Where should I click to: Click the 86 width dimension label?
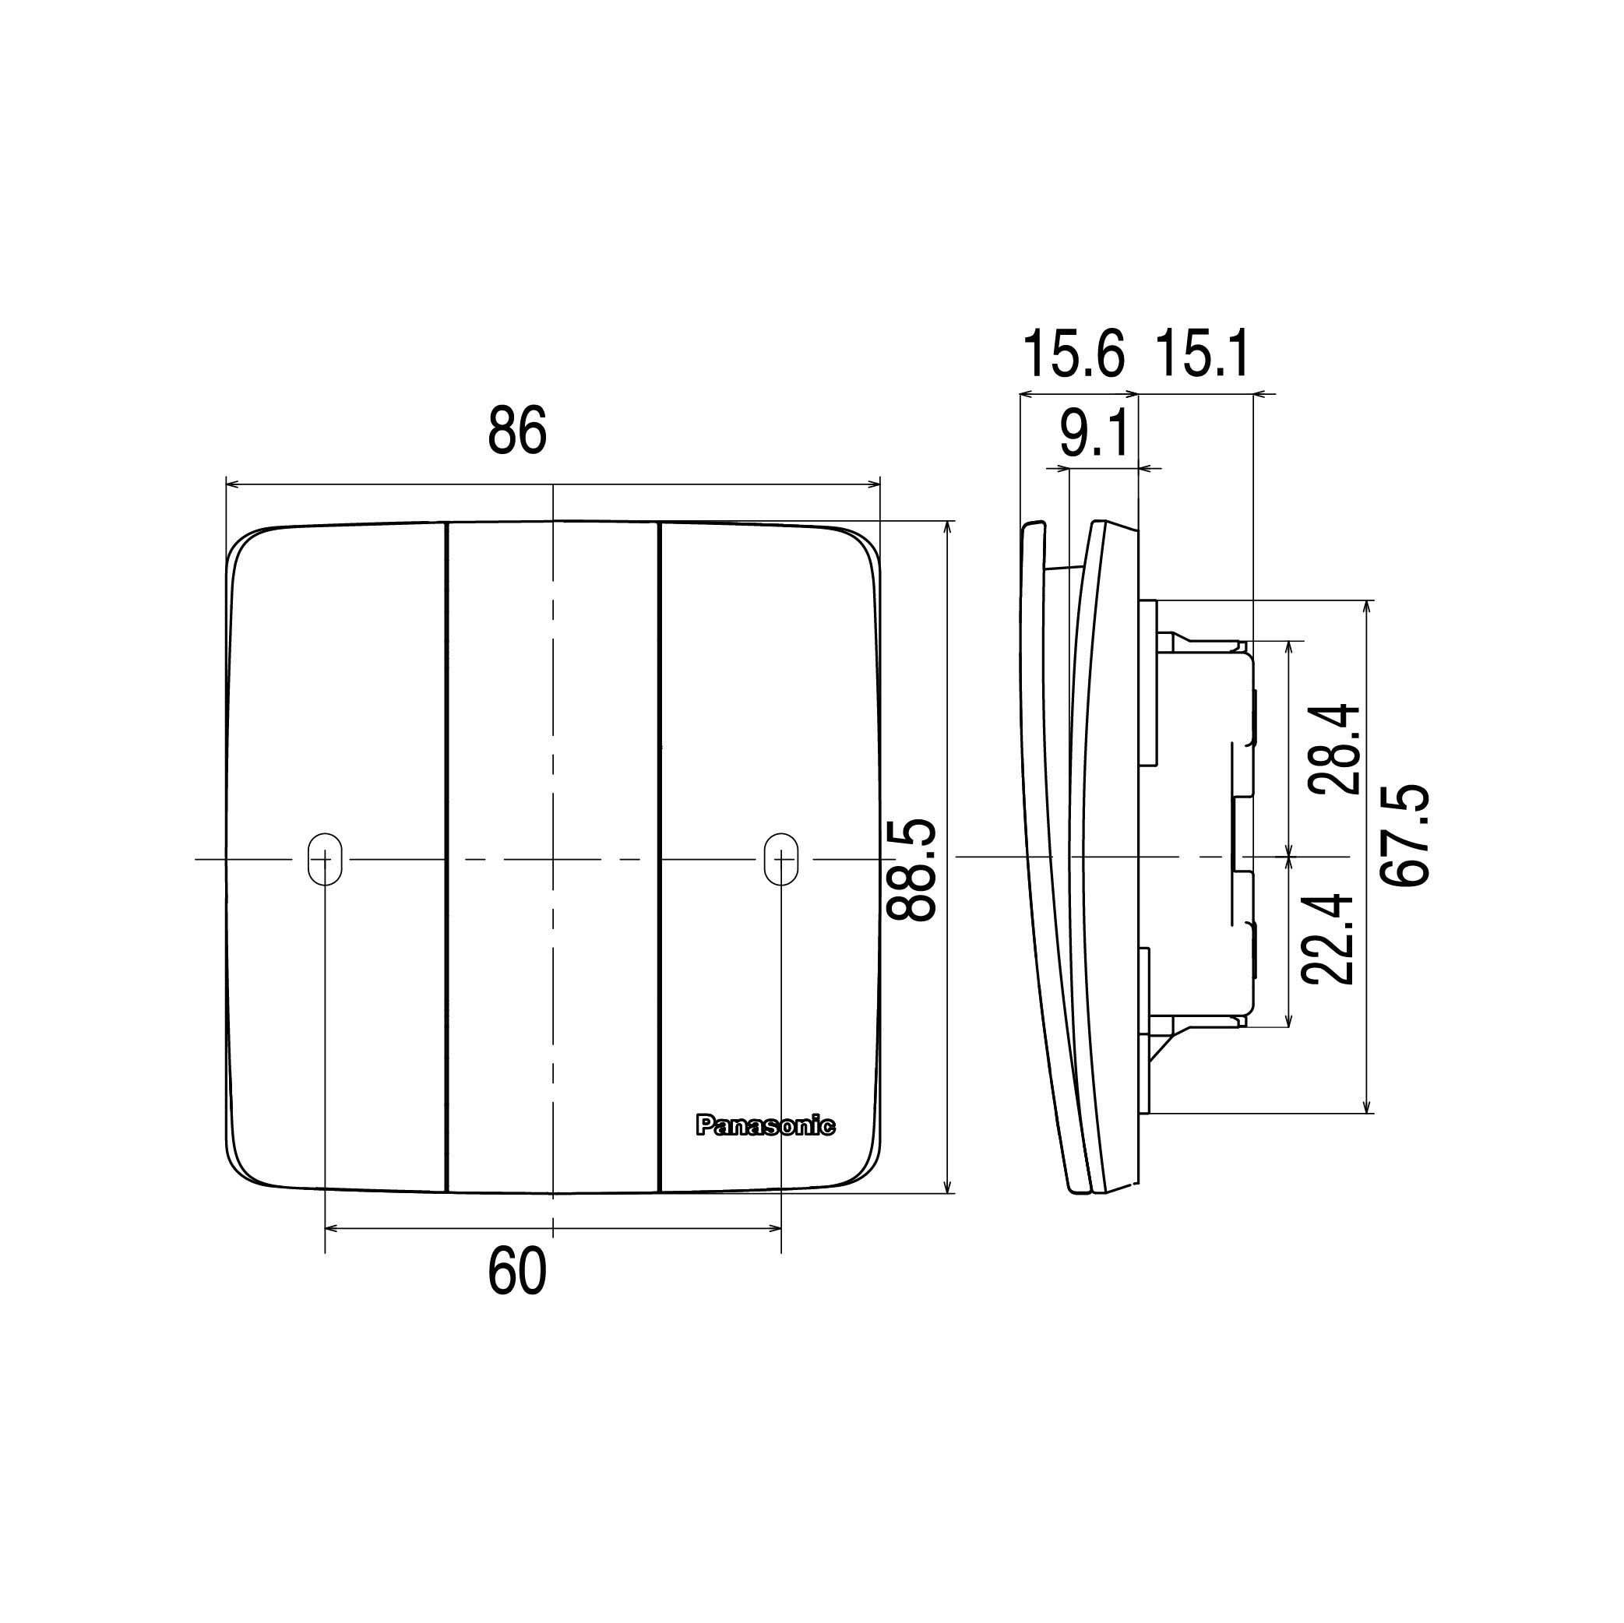[517, 431]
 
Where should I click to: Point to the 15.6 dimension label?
[1073, 354]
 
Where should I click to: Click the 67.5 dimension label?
[1405, 835]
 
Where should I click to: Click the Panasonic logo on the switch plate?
[765, 1126]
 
